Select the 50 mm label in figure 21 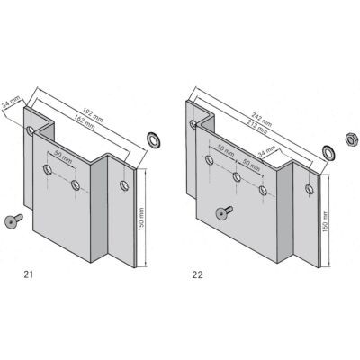click(61, 154)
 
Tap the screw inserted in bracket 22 click(221, 212)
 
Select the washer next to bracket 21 click(153, 140)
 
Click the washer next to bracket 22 click(328, 149)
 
